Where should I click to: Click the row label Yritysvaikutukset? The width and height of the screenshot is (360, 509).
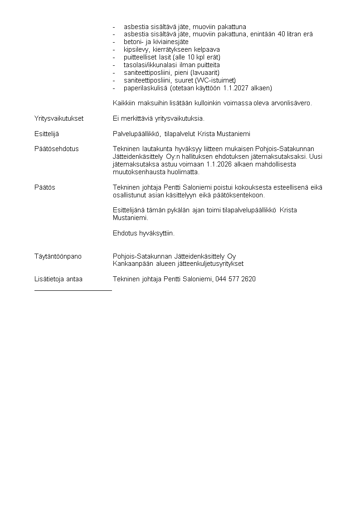point(59,118)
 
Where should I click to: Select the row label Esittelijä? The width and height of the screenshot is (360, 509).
point(47,134)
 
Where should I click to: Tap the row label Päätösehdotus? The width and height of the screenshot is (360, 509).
point(57,149)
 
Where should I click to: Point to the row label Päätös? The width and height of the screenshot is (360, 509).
point(45,187)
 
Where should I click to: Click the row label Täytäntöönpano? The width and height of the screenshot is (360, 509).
point(58,256)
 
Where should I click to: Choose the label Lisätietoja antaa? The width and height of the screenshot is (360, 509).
point(58,279)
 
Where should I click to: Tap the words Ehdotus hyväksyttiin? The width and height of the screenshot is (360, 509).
point(143,233)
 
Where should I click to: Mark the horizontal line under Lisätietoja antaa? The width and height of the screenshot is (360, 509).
point(73,289)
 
